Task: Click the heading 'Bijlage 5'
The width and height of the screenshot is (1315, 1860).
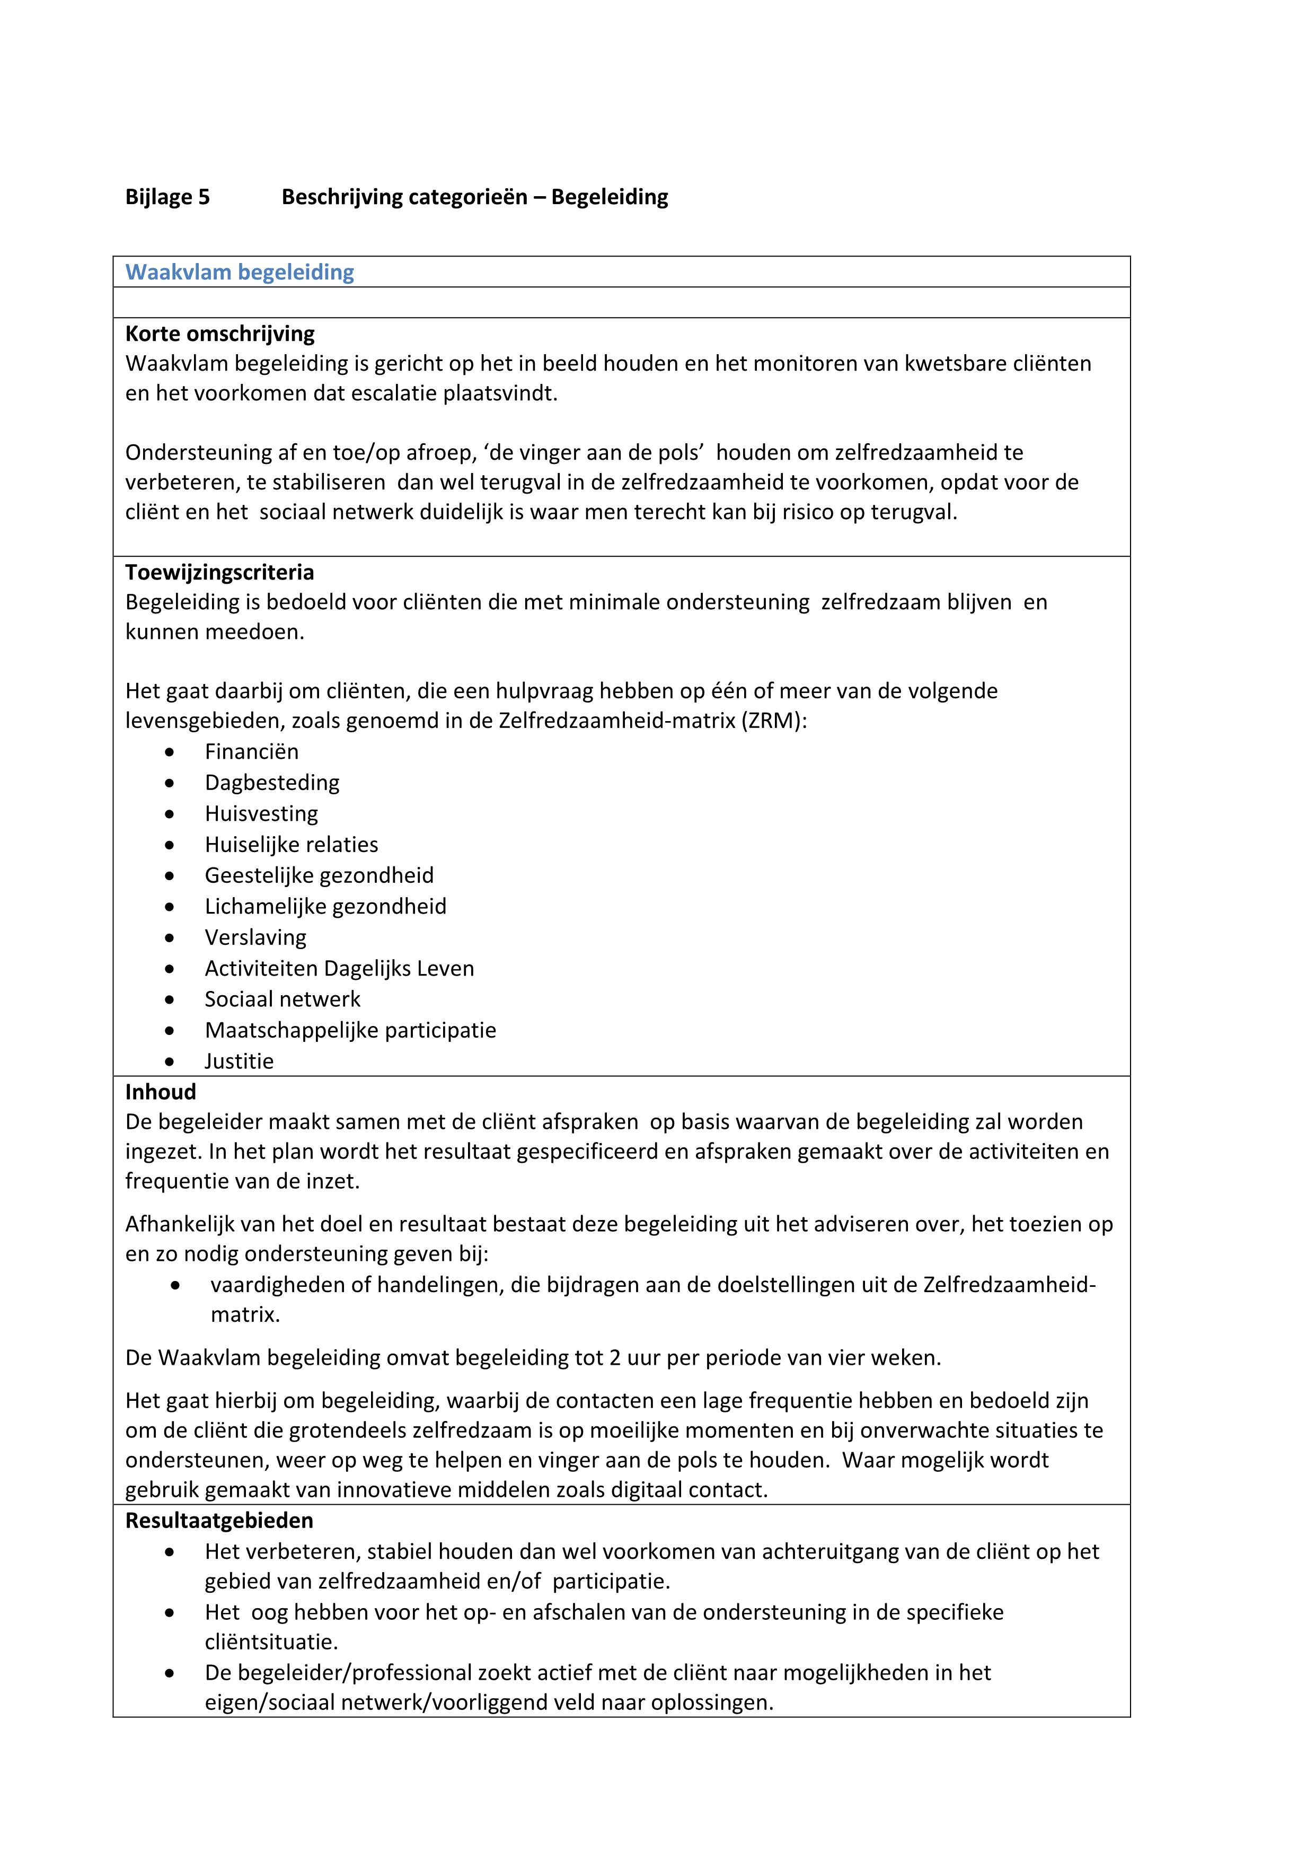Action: click(x=167, y=197)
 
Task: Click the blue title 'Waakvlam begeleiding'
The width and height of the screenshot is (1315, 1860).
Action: click(x=240, y=272)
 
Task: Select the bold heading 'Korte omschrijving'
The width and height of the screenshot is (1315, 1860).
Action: click(x=219, y=334)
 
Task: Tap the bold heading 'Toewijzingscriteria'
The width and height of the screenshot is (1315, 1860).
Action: click(x=219, y=572)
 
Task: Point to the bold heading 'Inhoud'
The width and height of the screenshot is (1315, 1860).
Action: click(x=160, y=1092)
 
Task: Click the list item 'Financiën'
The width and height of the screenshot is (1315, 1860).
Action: click(x=251, y=752)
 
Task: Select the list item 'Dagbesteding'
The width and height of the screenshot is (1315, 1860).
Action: click(x=272, y=783)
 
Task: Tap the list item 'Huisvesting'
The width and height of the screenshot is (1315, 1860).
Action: click(x=261, y=813)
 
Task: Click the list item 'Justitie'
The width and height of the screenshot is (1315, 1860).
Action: click(x=239, y=1061)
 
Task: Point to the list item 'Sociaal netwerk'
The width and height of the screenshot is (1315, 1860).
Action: click(x=282, y=999)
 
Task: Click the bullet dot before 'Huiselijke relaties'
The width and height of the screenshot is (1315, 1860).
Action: click(x=169, y=845)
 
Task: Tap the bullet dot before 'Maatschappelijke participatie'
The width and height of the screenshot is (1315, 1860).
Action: click(x=169, y=1030)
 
